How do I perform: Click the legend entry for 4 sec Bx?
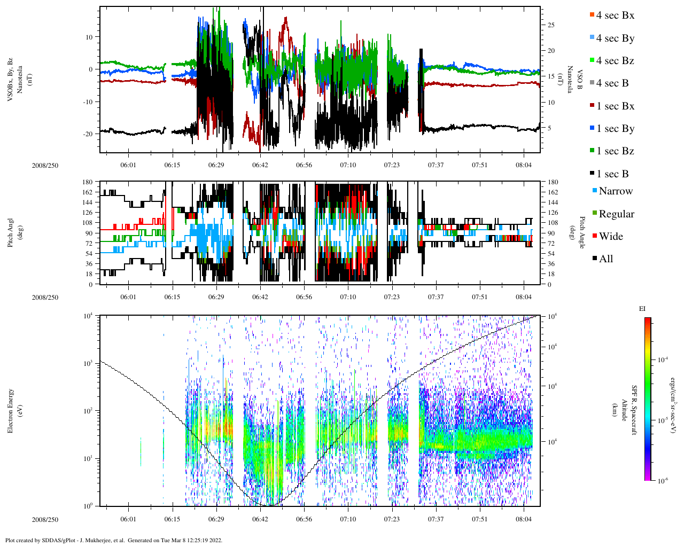pos(615,15)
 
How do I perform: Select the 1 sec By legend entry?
pos(615,129)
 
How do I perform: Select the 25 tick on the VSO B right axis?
pos(550,25)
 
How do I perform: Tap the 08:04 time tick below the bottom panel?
pos(524,519)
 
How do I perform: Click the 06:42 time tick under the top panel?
pos(260,165)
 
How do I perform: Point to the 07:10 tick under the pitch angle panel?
pos(348,297)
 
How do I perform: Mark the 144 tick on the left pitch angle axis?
pos(88,202)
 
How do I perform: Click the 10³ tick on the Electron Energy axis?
pos(89,363)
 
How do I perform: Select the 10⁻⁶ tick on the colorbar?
pos(663,481)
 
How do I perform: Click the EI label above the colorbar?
pos(642,309)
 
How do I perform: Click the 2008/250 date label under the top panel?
pos(45,165)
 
